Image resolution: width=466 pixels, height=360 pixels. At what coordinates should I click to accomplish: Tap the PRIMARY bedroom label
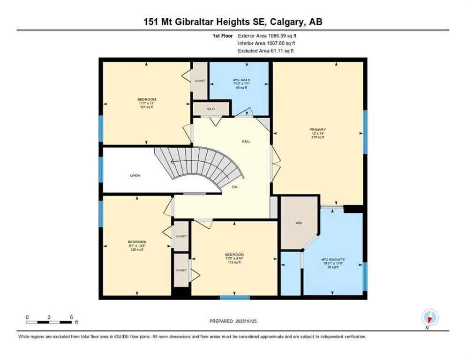point(317,129)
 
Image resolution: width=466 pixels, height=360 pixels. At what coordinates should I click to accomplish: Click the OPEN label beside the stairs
point(135,176)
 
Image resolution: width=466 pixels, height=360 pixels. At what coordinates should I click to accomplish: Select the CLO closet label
point(211,109)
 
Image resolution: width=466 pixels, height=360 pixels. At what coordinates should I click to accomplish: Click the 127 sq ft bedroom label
point(147,103)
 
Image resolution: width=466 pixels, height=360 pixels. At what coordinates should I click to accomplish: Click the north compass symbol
point(429,317)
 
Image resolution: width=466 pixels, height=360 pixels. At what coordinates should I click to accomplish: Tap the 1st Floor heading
point(222,36)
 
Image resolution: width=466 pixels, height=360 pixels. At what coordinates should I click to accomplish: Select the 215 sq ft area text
point(317,137)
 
